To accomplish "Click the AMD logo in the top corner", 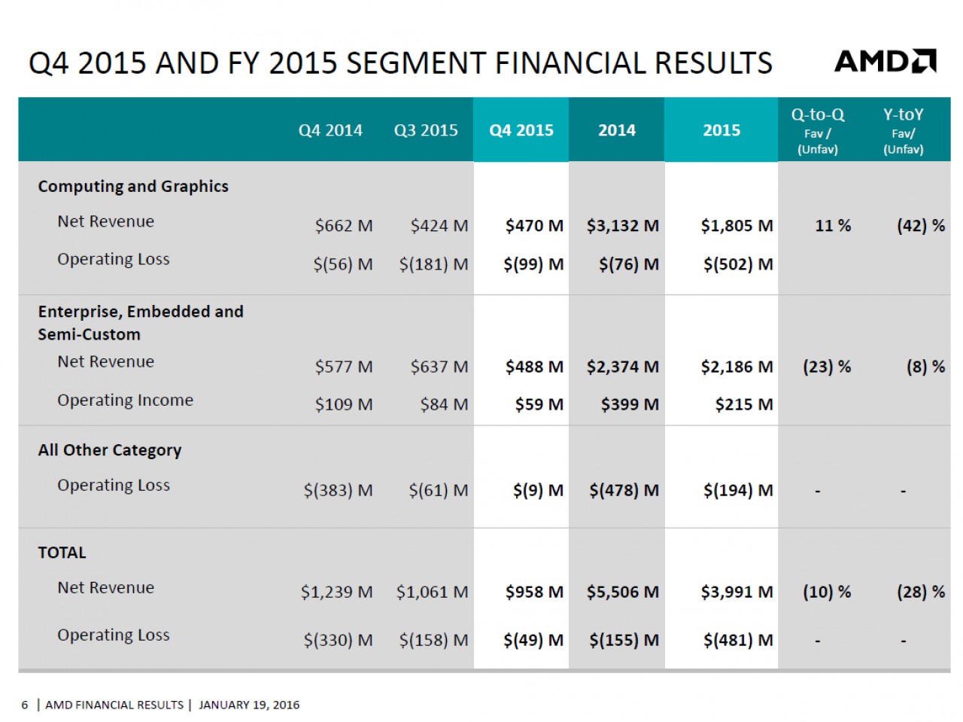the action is [885, 61].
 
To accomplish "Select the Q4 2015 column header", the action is [521, 130].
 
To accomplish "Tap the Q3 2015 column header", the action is [426, 130].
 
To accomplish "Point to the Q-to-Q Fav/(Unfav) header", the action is [817, 131].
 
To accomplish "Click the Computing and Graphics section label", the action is [133, 187].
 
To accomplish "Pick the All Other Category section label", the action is [110, 450].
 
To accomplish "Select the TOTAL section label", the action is [62, 553].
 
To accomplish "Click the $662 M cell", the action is [344, 226].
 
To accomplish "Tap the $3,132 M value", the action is [622, 226].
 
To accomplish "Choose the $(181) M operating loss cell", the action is [433, 264].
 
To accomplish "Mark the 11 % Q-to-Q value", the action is [833, 226].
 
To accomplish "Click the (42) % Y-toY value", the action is [921, 226].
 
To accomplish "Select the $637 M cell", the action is [439, 367].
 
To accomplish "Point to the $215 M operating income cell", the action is [743, 404].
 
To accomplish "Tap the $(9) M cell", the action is [538, 490].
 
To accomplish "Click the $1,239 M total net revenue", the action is [336, 592].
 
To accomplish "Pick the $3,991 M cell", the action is [737, 592].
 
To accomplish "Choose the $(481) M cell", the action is [738, 641].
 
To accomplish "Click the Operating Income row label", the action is [125, 401].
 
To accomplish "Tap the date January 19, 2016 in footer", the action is [249, 705].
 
